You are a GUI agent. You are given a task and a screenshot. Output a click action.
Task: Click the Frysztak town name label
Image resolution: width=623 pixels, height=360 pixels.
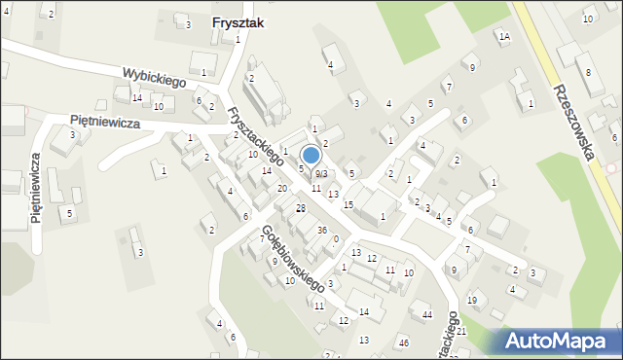coord(239,22)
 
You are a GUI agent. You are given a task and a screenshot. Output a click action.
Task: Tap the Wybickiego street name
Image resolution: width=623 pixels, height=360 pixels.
coord(154,77)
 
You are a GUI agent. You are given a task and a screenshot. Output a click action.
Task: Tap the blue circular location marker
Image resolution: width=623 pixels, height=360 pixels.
coord(311,156)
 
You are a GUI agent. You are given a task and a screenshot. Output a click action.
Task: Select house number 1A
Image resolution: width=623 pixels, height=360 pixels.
coord(503,37)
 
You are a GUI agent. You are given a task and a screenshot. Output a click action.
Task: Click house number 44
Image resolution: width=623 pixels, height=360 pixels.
coord(426,314)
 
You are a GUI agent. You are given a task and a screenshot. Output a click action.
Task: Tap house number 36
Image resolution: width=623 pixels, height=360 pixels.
coord(321,230)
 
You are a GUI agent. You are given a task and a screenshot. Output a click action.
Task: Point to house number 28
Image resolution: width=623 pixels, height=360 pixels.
coord(301,209)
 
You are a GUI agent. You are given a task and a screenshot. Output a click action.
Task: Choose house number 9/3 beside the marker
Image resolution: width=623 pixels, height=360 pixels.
coord(321,173)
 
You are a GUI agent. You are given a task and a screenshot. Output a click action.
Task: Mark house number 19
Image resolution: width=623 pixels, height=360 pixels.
coord(471,300)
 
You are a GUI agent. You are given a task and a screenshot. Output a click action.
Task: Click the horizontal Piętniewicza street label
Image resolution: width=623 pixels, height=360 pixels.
coord(105,123)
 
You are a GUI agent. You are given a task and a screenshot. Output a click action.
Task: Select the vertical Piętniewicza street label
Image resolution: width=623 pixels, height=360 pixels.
coord(36,188)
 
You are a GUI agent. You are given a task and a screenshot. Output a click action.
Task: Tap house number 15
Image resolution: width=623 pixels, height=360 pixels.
coord(348,204)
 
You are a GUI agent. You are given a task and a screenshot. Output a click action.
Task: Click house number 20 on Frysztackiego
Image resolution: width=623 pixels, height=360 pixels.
coord(281,188)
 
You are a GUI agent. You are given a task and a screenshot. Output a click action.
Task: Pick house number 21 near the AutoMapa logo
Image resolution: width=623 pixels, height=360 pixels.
coord(462,332)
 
